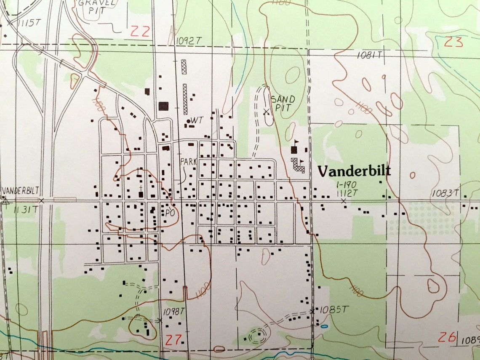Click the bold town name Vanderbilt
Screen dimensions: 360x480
pos(354,171)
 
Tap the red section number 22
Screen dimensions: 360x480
pos(140,31)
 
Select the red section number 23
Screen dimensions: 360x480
pos(453,42)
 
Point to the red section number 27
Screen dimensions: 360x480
pos(173,339)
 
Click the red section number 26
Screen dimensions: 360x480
pos(447,337)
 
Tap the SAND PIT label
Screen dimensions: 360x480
pos(283,103)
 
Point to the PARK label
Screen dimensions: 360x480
pos(188,161)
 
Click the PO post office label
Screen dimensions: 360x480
pos(170,213)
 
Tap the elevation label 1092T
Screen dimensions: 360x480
pos(189,40)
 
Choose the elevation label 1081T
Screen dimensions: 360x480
pos(369,55)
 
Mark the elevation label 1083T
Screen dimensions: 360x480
pos(445,193)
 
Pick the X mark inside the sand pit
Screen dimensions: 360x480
pos(266,112)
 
